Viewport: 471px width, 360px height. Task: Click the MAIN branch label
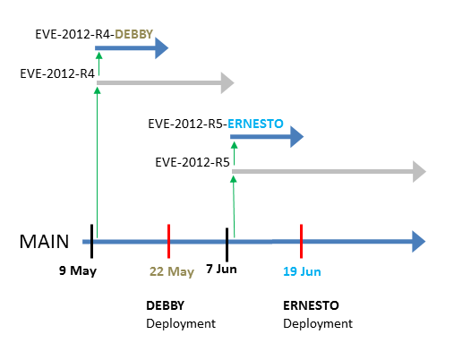[x=44, y=241]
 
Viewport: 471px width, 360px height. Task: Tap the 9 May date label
[x=78, y=270]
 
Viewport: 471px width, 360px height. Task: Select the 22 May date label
[x=172, y=271]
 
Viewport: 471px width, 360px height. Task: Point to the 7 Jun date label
[x=221, y=269]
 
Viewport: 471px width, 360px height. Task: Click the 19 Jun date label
[x=302, y=271]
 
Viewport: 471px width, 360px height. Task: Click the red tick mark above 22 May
[x=169, y=241]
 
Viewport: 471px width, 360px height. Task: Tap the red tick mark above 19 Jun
[x=301, y=241]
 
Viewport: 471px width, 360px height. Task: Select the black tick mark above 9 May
[x=92, y=241]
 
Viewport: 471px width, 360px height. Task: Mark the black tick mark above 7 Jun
[x=227, y=244]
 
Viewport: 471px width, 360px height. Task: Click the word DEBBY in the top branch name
[x=134, y=34]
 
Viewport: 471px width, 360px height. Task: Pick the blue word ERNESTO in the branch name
[x=255, y=124]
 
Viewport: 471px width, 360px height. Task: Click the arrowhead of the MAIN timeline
[x=418, y=241]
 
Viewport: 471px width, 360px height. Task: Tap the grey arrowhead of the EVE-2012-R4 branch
[x=227, y=82]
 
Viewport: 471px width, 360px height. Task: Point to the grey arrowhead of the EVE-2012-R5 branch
[x=419, y=172]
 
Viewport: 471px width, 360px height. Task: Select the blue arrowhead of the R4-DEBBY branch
[x=161, y=48]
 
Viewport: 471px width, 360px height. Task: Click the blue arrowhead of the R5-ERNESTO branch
[x=296, y=137]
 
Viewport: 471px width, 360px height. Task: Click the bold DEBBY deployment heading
[x=166, y=305]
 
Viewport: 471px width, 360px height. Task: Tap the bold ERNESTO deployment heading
[x=311, y=305]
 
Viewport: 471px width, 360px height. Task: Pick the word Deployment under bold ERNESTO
[x=318, y=324]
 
